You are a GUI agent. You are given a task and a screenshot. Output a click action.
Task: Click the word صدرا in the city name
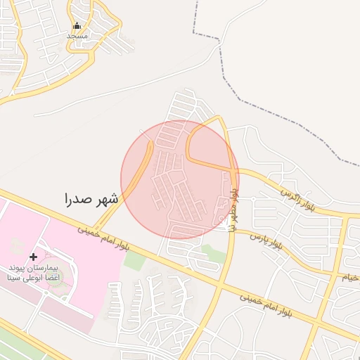point(78,198)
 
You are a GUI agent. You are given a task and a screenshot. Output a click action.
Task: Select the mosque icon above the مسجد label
point(77,26)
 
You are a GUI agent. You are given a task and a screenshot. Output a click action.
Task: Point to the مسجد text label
point(77,35)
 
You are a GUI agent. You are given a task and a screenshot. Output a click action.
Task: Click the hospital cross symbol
point(33,257)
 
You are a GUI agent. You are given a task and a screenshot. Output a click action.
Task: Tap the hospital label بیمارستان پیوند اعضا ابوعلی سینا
point(34,273)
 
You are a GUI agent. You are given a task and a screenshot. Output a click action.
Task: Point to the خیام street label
point(352,277)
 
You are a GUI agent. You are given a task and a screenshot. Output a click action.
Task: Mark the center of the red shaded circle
point(180,179)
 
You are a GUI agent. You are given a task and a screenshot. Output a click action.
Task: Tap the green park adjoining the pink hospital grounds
point(134,260)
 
